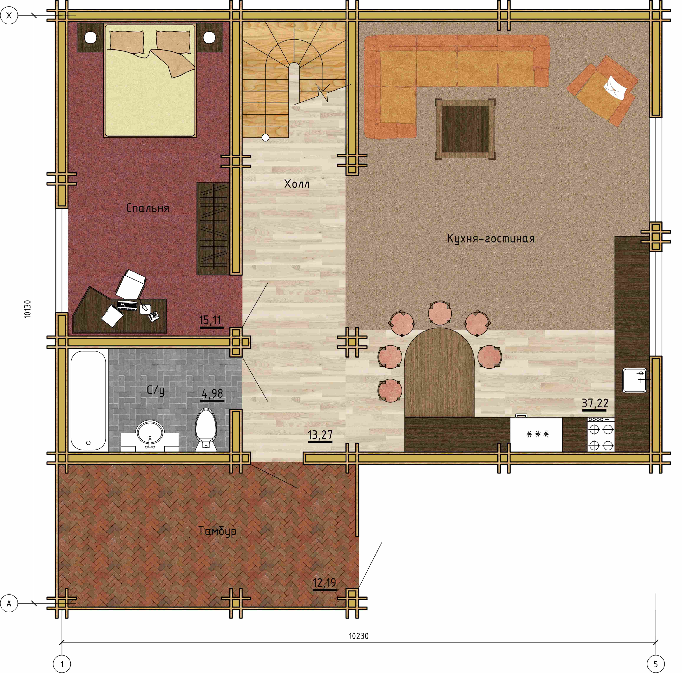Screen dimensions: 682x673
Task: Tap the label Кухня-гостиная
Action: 491,239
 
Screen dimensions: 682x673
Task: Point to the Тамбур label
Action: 217,531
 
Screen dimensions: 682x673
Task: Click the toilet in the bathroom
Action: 206,430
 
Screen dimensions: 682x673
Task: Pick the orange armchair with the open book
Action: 603,91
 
